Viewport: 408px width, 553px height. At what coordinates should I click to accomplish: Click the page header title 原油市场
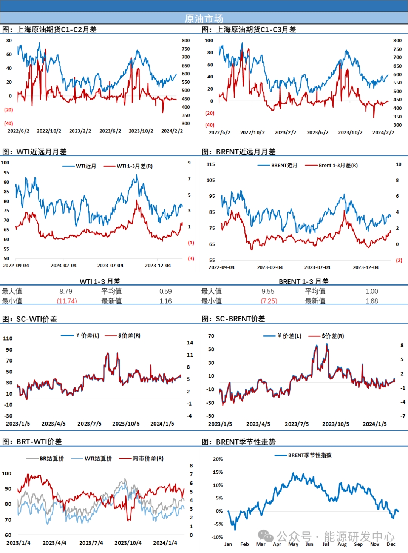pyautogui.click(x=204, y=18)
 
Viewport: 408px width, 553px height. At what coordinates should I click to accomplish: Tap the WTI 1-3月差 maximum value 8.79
pyautogui.click(x=66, y=291)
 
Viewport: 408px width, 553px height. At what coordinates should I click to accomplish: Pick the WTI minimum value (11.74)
pyautogui.click(x=67, y=301)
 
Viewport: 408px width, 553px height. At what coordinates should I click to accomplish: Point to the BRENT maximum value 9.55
pyautogui.click(x=268, y=291)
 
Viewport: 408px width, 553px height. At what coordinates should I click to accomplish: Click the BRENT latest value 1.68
pyautogui.click(x=372, y=301)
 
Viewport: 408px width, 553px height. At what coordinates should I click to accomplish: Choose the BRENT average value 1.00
pyautogui.click(x=372, y=291)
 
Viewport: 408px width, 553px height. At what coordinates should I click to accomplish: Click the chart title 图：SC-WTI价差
pyautogui.click(x=30, y=319)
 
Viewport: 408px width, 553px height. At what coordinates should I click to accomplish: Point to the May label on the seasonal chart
pyautogui.click(x=293, y=544)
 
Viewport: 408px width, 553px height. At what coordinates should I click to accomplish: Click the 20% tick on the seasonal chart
pyautogui.click(x=218, y=459)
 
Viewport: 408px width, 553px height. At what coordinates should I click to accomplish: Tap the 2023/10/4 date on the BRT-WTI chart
pyautogui.click(x=128, y=543)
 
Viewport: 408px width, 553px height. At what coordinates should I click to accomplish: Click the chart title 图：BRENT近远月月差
pyautogui.click(x=238, y=152)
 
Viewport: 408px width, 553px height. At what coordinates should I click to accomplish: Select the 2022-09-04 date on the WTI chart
pyautogui.click(x=16, y=266)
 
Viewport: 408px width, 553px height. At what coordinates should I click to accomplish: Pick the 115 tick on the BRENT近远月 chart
pyautogui.click(x=211, y=164)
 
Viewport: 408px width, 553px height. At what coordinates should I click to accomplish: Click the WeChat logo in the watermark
pyautogui.click(x=266, y=536)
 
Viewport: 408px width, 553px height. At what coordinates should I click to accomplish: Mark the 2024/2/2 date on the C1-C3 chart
pyautogui.click(x=383, y=132)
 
